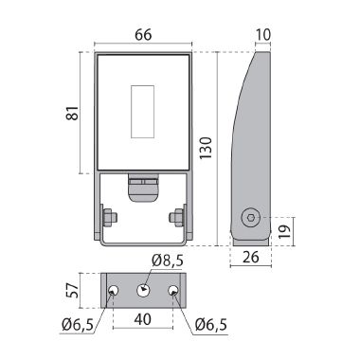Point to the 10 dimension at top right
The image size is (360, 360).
pyautogui.click(x=264, y=35)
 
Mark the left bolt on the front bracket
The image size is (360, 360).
pyautogui.click(x=109, y=217)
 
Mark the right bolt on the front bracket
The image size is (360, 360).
pyautogui.click(x=177, y=217)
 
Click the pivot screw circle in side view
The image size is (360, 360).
pyautogui.click(x=251, y=217)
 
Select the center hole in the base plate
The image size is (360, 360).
pyautogui.click(x=143, y=290)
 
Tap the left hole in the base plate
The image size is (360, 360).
pyautogui.click(x=114, y=290)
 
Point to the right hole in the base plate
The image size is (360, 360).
pyautogui.click(x=172, y=290)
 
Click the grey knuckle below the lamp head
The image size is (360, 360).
pyautogui.click(x=143, y=186)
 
